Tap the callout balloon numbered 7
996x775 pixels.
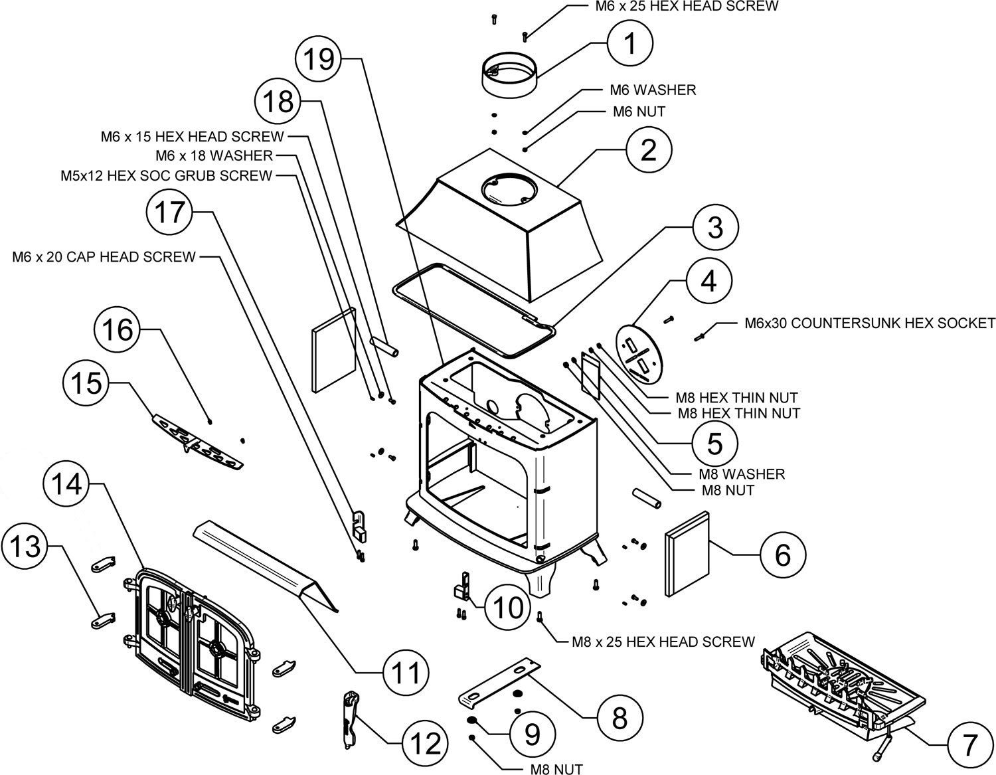point(969,744)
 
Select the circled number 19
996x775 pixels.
point(319,59)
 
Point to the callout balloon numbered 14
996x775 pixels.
point(67,484)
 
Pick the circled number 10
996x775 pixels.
point(508,608)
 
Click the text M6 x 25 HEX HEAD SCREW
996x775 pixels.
point(687,7)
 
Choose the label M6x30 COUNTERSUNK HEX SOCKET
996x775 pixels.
point(870,323)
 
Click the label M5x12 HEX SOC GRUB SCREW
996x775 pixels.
point(167,175)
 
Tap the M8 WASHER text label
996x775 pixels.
point(742,474)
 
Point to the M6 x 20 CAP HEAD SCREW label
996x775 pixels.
point(104,256)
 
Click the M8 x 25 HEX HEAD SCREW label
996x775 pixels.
point(663,642)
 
